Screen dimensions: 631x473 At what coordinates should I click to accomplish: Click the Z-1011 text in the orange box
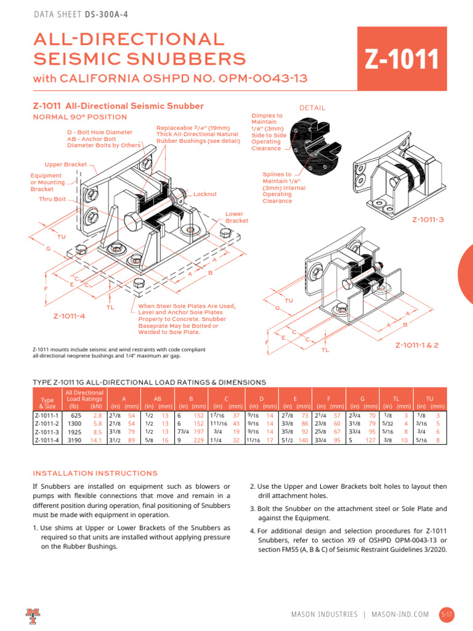click(x=402, y=60)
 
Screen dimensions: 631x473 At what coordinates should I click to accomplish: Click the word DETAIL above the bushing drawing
click(x=312, y=108)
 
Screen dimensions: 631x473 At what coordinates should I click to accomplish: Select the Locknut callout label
click(x=205, y=194)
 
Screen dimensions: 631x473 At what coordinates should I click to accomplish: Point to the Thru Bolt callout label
click(x=52, y=199)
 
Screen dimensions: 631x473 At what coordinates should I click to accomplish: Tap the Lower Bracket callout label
click(x=236, y=218)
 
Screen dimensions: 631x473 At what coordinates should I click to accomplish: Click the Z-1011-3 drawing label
click(x=427, y=219)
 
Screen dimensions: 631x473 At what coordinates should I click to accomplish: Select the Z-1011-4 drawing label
click(x=68, y=316)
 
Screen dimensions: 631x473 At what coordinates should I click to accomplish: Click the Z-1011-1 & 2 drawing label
click(x=417, y=345)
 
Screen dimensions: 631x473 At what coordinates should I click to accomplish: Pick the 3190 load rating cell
click(x=73, y=441)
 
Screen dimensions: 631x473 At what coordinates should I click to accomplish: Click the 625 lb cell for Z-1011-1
click(x=76, y=417)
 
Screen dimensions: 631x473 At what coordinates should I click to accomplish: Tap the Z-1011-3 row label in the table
click(x=46, y=433)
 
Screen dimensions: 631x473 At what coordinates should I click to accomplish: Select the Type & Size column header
click(x=46, y=403)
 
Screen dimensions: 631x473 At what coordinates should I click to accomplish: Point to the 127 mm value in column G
click(x=370, y=441)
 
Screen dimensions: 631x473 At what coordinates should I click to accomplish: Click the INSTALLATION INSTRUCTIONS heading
click(x=95, y=473)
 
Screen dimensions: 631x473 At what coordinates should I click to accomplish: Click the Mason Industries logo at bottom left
click(x=32, y=614)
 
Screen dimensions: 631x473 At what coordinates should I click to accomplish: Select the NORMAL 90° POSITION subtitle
click(x=79, y=117)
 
